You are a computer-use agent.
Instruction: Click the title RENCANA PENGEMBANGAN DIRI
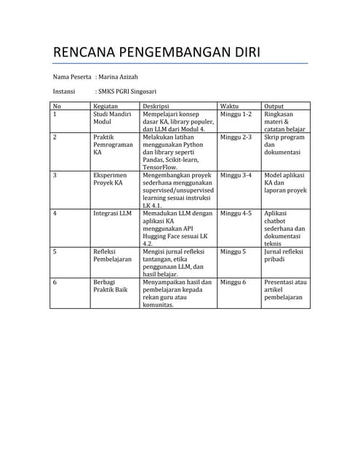click(156, 54)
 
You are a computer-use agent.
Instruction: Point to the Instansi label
click(65, 92)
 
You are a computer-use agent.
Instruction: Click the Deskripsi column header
click(156, 106)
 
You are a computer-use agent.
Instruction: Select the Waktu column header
click(229, 106)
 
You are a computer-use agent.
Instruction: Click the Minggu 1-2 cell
click(236, 114)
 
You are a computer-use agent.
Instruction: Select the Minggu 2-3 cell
click(236, 137)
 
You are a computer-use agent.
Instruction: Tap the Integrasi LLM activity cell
click(112, 214)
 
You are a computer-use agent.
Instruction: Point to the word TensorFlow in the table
click(164, 167)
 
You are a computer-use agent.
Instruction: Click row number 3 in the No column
click(55, 175)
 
